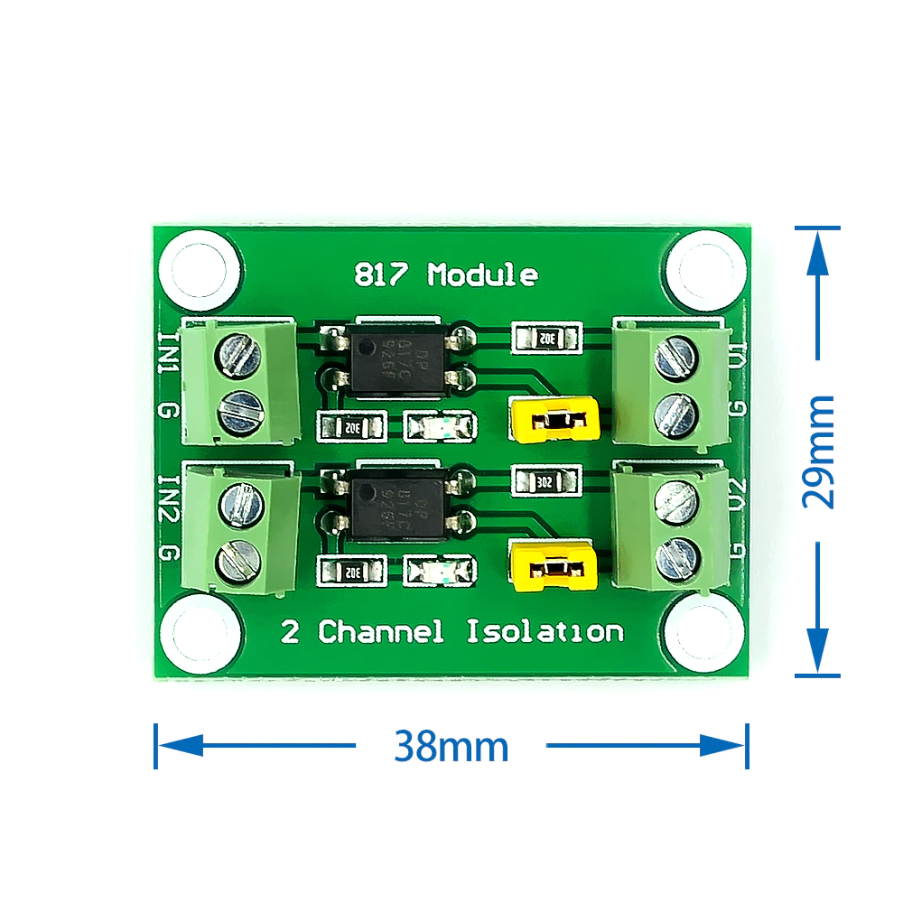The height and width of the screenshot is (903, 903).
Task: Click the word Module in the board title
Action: [482, 275]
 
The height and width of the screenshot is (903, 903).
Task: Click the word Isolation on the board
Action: [545, 631]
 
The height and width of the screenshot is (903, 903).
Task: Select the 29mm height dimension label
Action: [818, 451]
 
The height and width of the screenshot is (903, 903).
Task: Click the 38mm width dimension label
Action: [451, 747]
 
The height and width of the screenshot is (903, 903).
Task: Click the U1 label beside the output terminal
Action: [738, 356]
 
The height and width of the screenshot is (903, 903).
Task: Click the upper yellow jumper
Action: [554, 420]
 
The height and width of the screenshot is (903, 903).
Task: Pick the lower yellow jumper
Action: [554, 567]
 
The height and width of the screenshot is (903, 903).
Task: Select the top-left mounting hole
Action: [200, 267]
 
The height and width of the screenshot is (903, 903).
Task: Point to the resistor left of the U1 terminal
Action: [545, 339]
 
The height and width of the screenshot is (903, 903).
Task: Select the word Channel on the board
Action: [382, 631]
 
